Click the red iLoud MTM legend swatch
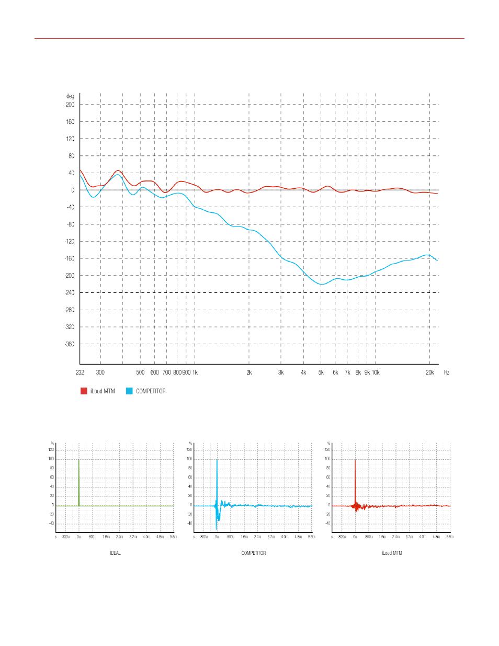[84, 391]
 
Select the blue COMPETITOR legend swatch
[129, 391]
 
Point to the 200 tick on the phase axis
[70, 105]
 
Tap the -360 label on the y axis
[70, 344]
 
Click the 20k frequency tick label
[429, 372]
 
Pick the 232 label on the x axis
[80, 372]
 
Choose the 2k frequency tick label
[249, 372]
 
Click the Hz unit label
[447, 372]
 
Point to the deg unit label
[70, 96]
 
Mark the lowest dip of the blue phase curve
[322, 284]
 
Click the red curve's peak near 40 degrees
[118, 171]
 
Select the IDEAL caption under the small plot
[115, 553]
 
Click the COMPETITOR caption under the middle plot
[254, 553]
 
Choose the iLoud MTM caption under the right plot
[392, 553]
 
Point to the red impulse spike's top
[355, 460]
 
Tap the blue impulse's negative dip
[217, 527]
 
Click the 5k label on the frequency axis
[321, 372]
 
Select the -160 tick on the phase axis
[70, 258]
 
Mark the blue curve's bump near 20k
[427, 255]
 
